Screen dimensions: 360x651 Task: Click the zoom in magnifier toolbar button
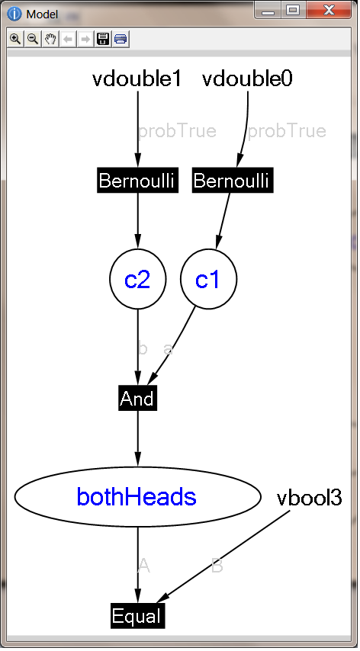(15, 40)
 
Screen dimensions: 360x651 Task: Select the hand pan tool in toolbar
(50, 40)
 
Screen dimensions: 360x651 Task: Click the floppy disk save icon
(103, 40)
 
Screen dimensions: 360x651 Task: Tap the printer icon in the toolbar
(121, 40)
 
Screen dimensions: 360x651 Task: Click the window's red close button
(329, 10)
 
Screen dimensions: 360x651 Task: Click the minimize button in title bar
(268, 11)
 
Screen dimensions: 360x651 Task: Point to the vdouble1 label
(137, 79)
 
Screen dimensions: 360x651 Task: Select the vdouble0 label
(247, 79)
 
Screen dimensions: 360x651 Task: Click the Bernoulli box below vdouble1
(138, 181)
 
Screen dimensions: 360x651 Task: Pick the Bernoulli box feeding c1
(233, 181)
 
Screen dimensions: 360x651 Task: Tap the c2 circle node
(138, 279)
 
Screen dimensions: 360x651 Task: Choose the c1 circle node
(208, 279)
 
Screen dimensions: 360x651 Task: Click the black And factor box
(138, 398)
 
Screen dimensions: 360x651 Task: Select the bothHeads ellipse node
(138, 496)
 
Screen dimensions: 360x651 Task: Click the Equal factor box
(138, 616)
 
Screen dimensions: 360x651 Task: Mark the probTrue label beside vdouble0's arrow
(287, 131)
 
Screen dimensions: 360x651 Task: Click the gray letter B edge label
(217, 566)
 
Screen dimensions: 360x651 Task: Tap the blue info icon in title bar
(14, 14)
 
